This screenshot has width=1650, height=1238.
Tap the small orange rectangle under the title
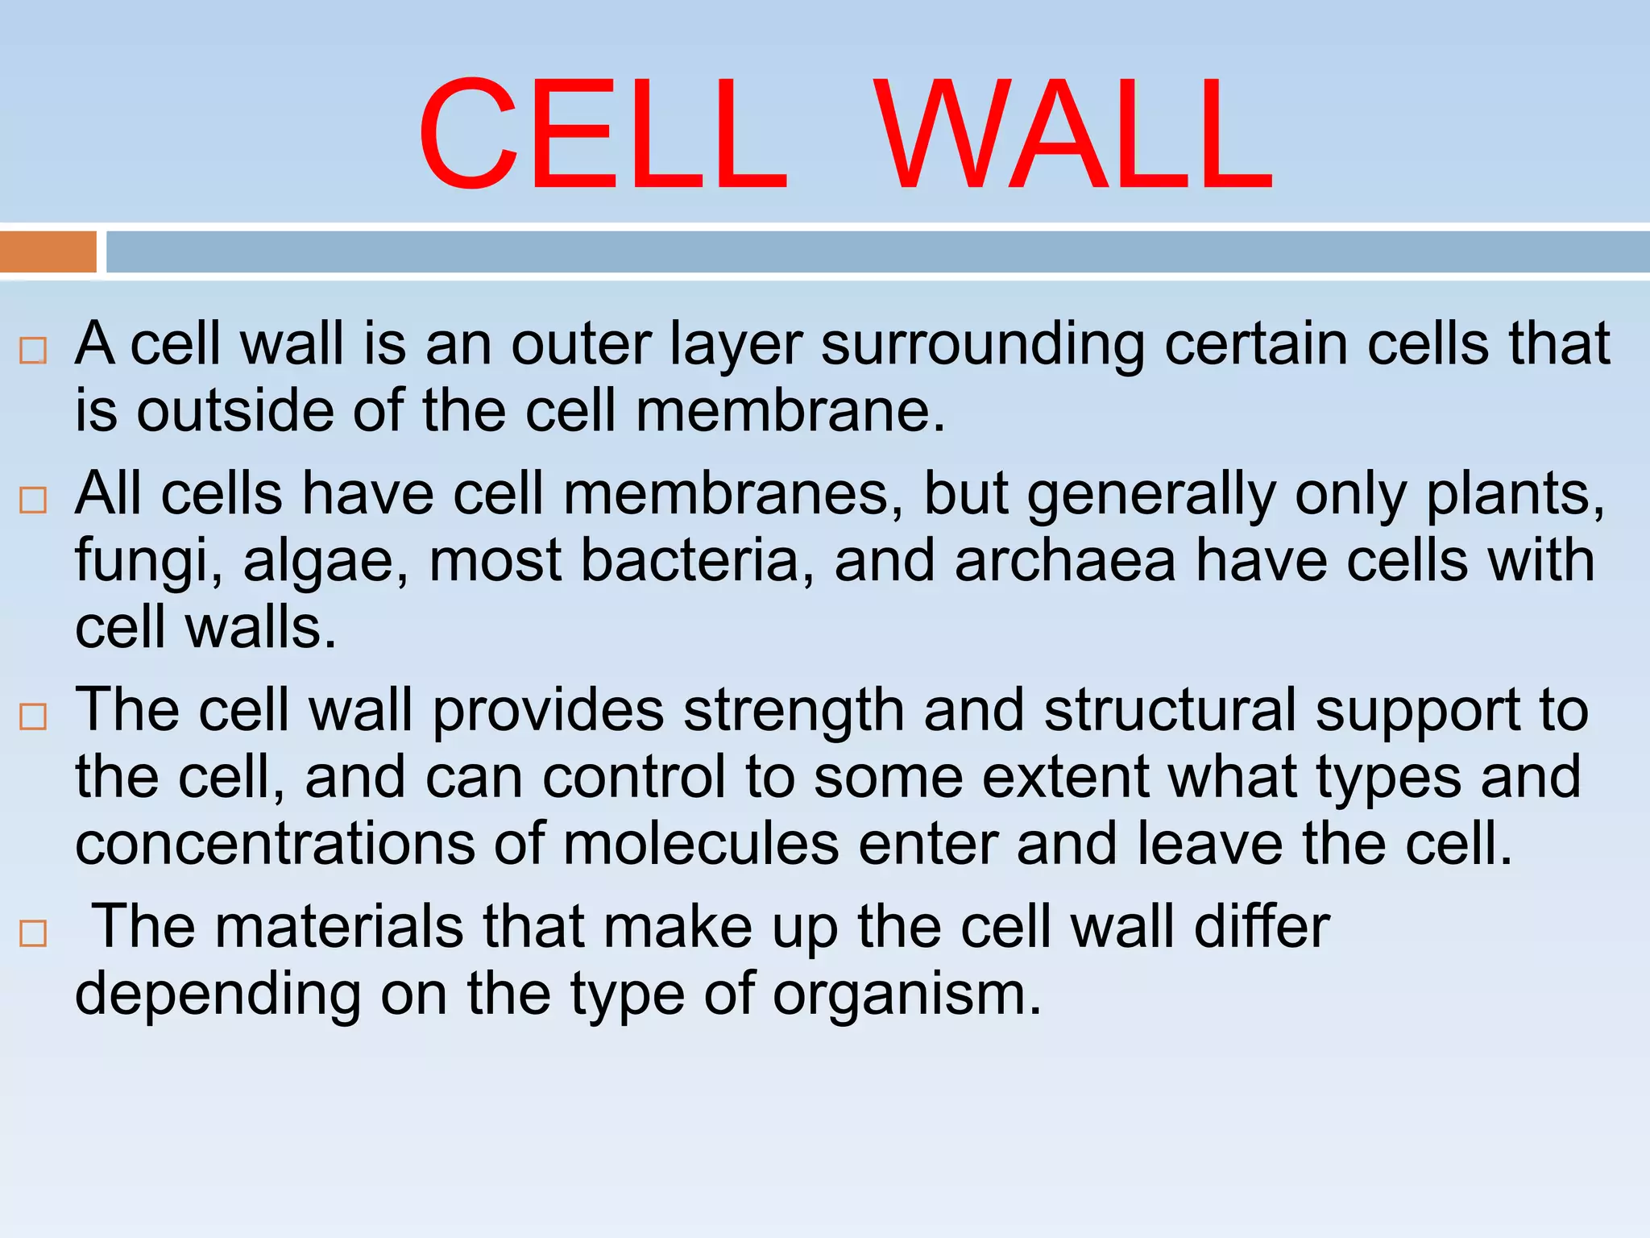pyautogui.click(x=48, y=251)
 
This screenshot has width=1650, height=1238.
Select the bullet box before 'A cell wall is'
pyautogui.click(x=33, y=351)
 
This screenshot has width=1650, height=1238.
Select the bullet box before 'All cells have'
pyautogui.click(x=33, y=501)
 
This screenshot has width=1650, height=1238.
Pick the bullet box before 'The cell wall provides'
pyautogui.click(x=33, y=717)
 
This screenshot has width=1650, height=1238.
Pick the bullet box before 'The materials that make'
pyautogui.click(x=33, y=933)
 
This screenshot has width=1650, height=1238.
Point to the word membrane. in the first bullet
pyautogui.click(x=790, y=412)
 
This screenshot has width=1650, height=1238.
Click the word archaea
pyautogui.click(x=1065, y=561)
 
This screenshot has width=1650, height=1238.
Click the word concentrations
pyautogui.click(x=275, y=845)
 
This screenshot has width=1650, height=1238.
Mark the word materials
pyautogui.click(x=339, y=927)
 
